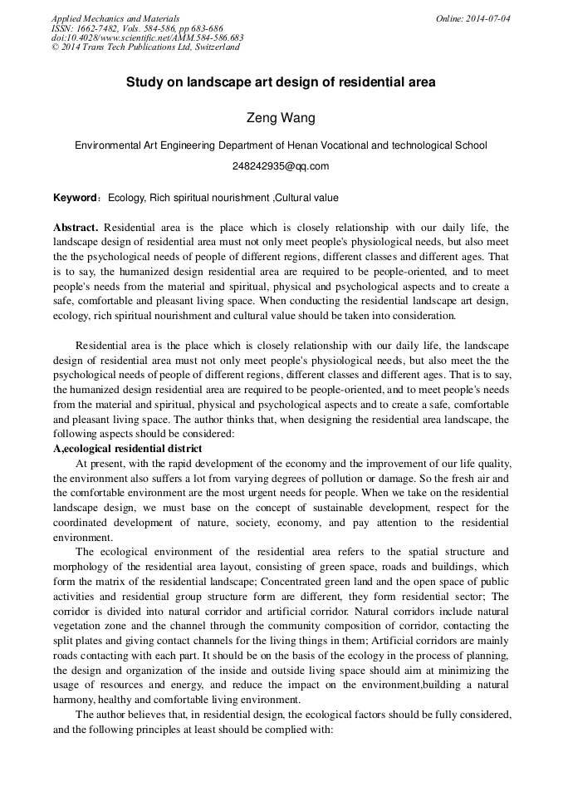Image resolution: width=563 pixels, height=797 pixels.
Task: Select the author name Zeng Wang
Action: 281,118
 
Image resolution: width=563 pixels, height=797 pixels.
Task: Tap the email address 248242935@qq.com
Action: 281,166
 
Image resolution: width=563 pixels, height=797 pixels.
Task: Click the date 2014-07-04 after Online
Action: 490,18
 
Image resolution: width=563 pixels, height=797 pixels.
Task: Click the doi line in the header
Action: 147,37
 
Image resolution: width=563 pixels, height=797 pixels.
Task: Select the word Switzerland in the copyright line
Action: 215,47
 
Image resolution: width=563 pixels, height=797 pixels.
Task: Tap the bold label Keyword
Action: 76,198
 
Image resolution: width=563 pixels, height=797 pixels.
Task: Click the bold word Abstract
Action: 76,227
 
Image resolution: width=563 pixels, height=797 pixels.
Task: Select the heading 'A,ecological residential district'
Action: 127,449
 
